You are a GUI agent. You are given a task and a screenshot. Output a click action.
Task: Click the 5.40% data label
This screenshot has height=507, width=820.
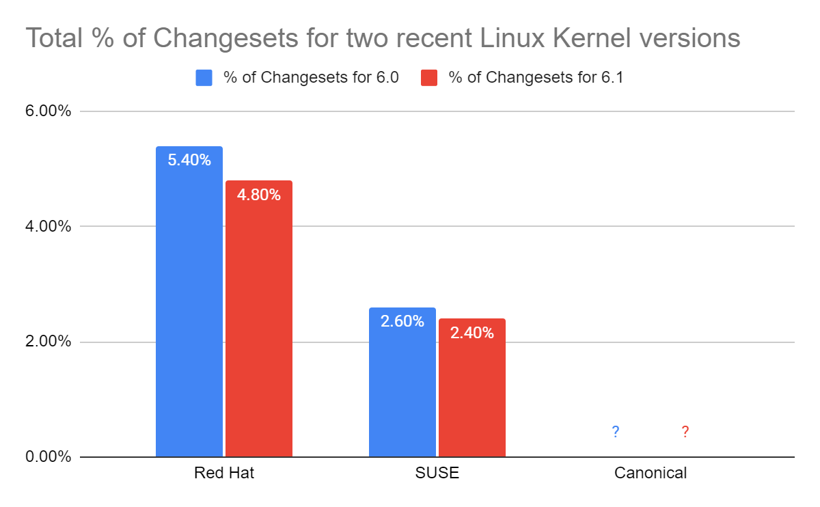(x=189, y=161)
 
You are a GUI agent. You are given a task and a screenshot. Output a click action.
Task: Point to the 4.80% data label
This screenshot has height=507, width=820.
(x=259, y=195)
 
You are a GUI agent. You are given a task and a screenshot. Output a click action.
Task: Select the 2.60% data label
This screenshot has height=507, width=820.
(x=402, y=321)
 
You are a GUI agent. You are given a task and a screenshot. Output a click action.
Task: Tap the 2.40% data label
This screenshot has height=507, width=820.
(x=472, y=333)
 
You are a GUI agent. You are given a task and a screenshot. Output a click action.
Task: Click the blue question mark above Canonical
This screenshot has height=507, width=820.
(x=616, y=432)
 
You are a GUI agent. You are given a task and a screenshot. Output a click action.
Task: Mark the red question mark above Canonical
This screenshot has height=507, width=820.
(x=685, y=432)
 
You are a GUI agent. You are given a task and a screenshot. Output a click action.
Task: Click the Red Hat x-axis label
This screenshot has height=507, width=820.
(x=224, y=473)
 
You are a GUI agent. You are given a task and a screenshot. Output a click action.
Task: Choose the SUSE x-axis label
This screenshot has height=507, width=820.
(x=437, y=473)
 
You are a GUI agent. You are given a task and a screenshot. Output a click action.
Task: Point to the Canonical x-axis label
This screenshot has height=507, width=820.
(x=651, y=473)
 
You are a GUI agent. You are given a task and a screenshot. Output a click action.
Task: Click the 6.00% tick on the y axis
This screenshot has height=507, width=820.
(x=47, y=111)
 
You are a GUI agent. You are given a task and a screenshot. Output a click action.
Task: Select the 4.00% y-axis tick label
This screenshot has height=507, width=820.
(x=47, y=226)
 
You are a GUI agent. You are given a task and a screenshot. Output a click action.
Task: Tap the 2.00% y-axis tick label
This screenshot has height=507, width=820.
(x=47, y=342)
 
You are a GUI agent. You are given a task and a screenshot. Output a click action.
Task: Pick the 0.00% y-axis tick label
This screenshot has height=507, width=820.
(x=47, y=456)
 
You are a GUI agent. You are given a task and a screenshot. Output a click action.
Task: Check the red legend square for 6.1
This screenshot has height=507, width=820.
(x=429, y=78)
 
